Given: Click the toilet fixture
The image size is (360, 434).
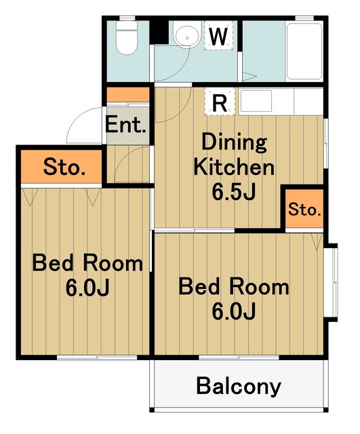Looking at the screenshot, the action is (x=127, y=38).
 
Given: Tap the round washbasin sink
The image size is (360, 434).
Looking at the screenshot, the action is (x=187, y=33).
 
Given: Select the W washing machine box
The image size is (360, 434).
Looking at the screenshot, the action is (x=218, y=35).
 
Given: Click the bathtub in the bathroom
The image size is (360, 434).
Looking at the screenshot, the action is (x=304, y=52).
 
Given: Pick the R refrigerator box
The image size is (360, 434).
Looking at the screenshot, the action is (x=220, y=102).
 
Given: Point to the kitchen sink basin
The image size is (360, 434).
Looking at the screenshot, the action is (x=256, y=101).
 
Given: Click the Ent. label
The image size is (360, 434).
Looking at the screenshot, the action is (x=126, y=125).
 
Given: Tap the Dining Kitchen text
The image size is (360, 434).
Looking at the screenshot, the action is (x=234, y=155).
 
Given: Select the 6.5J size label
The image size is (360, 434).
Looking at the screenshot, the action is (x=233, y=192).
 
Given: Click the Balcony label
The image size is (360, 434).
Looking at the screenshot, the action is (x=239, y=386).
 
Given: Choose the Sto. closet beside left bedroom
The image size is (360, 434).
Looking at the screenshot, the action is (x=62, y=167).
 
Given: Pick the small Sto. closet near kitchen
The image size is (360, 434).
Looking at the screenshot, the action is (x=304, y=209).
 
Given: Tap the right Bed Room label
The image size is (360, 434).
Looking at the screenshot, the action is (x=234, y=299).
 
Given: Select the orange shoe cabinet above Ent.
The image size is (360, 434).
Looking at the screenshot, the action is (x=128, y=95).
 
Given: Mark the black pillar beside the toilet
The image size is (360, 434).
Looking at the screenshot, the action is (x=159, y=32).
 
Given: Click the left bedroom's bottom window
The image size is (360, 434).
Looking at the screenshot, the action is (x=97, y=357).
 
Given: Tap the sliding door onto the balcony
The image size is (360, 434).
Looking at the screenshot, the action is (x=239, y=357).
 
